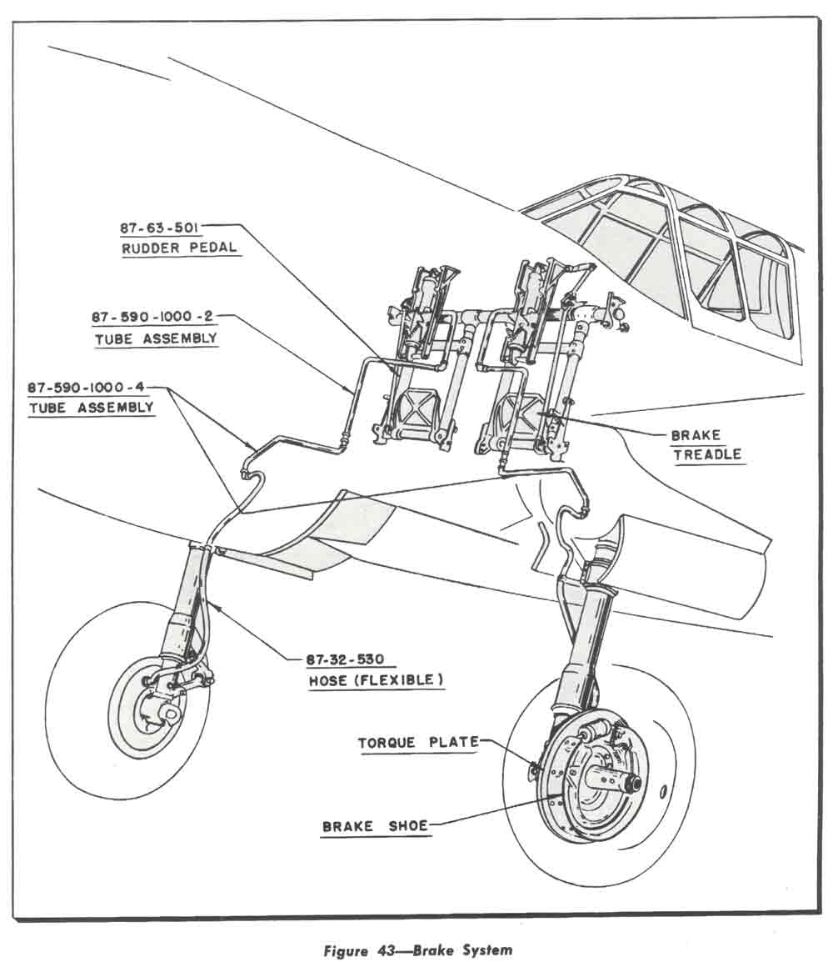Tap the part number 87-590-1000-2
click(153, 318)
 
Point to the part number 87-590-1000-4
click(87, 388)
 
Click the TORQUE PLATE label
click(417, 742)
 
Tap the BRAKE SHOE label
click(375, 825)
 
